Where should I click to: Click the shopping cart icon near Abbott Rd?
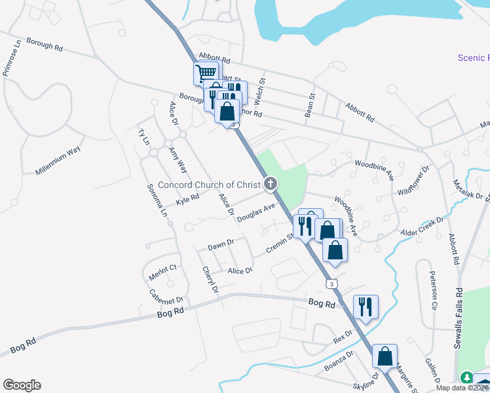point(206,73)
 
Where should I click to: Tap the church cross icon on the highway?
point(269,184)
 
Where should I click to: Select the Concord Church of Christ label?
point(209,185)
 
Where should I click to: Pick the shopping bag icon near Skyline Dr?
point(385,356)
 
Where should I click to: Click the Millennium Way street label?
point(59,160)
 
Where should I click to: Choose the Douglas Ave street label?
point(256,214)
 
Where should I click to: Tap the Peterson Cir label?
point(432,291)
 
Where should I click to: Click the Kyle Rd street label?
point(187,198)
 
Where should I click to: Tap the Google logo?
point(22,385)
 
